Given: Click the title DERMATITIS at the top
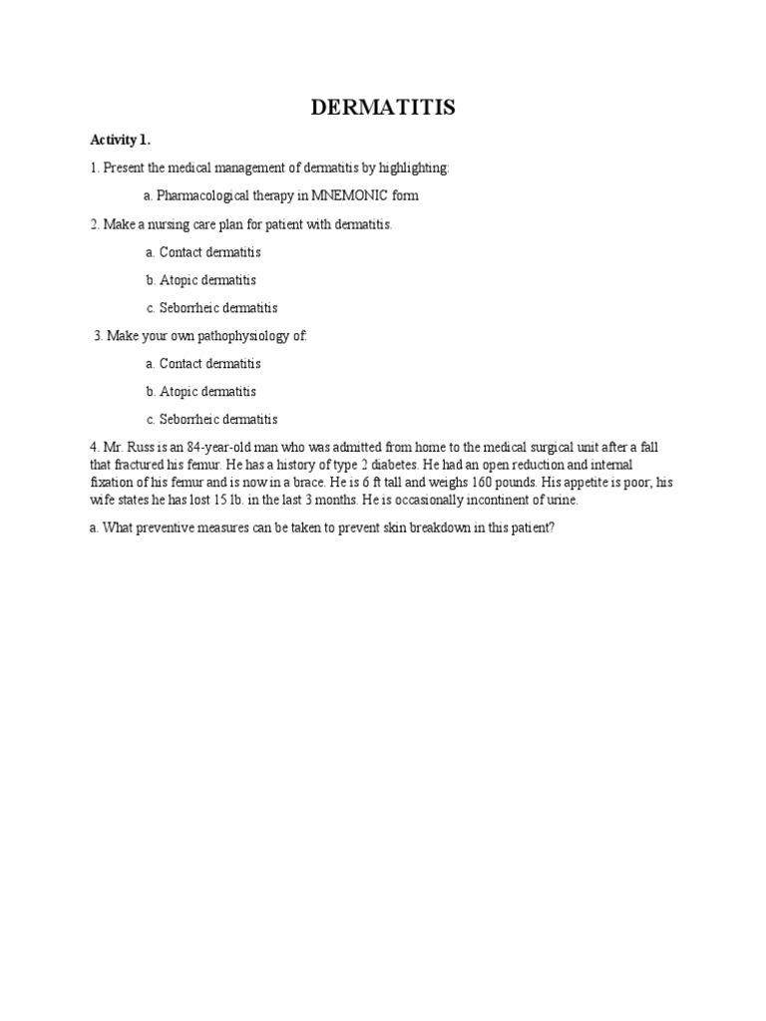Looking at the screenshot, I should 383,108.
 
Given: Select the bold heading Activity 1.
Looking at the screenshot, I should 120,140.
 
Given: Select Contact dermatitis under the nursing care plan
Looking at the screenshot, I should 209,252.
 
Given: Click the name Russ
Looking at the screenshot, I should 139,448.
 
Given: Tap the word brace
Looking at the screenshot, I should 308,483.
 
